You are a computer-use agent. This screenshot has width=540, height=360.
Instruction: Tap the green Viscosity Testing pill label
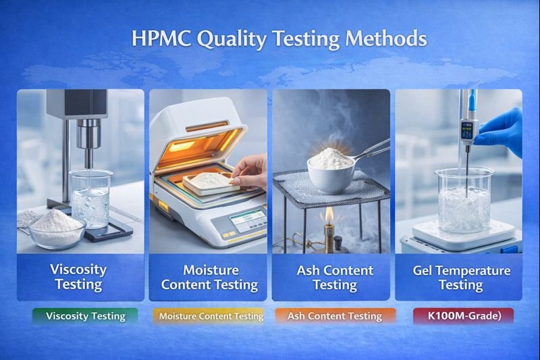click(x=86, y=316)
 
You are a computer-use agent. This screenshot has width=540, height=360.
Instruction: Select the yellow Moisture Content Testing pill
click(x=210, y=316)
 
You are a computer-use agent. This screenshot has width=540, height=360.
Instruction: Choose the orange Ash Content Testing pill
click(x=334, y=316)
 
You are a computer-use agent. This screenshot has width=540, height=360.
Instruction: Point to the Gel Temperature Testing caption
click(x=461, y=278)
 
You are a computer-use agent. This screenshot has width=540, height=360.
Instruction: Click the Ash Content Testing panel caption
click(x=335, y=278)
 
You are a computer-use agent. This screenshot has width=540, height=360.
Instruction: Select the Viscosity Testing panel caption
click(x=79, y=276)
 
